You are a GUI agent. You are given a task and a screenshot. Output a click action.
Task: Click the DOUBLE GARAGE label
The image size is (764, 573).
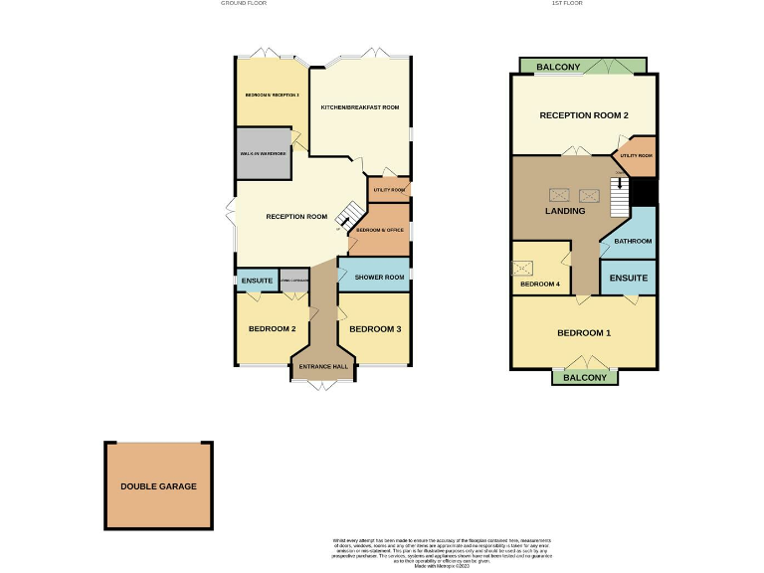pyautogui.click(x=158, y=486)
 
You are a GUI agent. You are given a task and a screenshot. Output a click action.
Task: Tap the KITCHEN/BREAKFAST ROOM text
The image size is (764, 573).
pyautogui.click(x=359, y=107)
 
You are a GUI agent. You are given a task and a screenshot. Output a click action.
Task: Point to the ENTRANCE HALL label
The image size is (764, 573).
pyautogui.click(x=322, y=367)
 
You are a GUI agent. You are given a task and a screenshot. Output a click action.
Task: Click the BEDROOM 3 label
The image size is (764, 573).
pyautogui.click(x=375, y=329)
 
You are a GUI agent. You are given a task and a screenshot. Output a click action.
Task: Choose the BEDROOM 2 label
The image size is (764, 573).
pyautogui.click(x=272, y=329)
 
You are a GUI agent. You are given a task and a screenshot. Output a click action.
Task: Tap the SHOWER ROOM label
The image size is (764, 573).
pyautogui.click(x=380, y=277)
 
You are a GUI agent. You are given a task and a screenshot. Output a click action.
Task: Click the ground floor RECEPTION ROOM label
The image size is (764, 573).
pyautogui.click(x=296, y=217)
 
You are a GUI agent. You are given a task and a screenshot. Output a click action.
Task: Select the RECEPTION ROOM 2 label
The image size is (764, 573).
pyautogui.click(x=584, y=115)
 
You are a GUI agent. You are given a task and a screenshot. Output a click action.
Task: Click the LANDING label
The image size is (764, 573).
pyautogui.click(x=565, y=211)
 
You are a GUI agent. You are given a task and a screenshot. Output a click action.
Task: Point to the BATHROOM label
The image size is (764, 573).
pyautogui.click(x=633, y=241)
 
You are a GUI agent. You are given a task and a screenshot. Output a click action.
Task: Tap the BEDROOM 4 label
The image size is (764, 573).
pyautogui.click(x=539, y=285)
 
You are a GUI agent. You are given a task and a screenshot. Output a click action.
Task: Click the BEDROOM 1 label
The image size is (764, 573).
pyautogui.click(x=584, y=332)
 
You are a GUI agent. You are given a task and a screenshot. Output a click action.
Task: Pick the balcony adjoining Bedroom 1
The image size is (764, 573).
pyautogui.click(x=585, y=378)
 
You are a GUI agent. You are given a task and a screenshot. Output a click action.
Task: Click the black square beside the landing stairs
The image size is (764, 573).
pyautogui.click(x=646, y=192)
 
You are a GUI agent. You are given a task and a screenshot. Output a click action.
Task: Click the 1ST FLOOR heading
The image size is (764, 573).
pyautogui.click(x=567, y=4)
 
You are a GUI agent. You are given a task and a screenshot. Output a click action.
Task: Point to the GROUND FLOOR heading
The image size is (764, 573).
pyautogui.click(x=243, y=4)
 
